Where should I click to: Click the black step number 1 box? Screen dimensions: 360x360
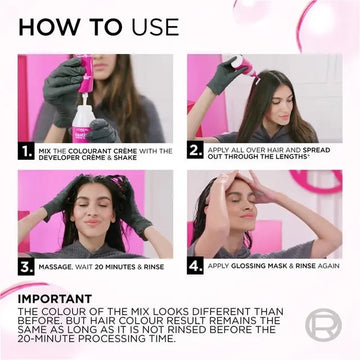[x=26, y=151]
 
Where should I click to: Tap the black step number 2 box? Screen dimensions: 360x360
[x=195, y=151]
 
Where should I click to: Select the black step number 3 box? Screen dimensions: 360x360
[x=26, y=267]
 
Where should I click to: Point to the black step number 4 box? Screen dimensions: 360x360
[x=195, y=266]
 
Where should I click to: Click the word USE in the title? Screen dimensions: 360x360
[x=155, y=27]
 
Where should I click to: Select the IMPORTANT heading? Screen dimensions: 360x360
[x=55, y=299]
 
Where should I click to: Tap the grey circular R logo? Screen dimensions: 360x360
[x=323, y=324]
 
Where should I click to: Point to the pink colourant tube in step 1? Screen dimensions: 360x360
[x=86, y=73]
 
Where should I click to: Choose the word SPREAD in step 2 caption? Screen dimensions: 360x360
[x=316, y=150]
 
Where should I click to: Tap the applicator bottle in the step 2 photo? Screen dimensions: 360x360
[x=244, y=67]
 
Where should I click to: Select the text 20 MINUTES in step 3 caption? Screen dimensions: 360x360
[x=114, y=267]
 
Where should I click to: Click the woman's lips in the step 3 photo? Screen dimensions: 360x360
[x=92, y=222]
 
